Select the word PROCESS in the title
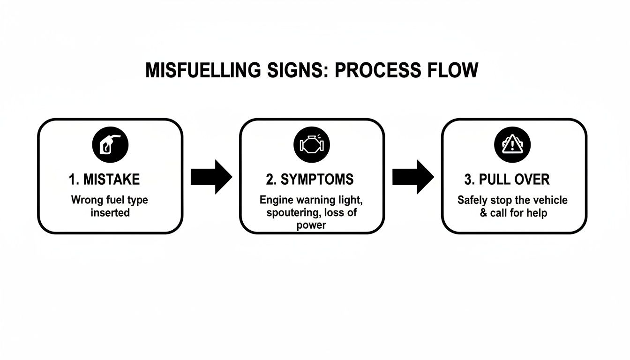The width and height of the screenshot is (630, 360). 373,70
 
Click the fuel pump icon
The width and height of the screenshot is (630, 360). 110,143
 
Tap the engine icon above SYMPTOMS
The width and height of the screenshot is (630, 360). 312,143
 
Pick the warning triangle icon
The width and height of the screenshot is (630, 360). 512,143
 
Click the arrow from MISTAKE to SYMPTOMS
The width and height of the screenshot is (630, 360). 211,177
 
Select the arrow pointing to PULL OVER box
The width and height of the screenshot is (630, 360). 413,177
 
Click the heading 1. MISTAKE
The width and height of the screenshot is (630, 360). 105,179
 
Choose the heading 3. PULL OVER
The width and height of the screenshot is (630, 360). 508,179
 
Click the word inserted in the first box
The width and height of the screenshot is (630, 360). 110,213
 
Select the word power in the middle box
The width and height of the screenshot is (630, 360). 311,225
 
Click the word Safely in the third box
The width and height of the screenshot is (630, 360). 472,200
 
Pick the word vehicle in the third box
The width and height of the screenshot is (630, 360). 550,200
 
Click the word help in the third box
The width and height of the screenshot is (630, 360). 537,213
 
